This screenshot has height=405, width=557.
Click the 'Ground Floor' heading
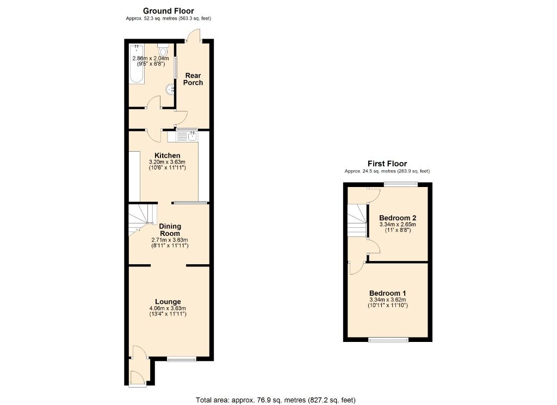tap(168, 11)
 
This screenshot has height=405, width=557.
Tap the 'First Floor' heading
tap(387, 164)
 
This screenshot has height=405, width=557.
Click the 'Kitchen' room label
tap(168, 155)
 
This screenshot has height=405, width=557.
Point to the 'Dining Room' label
tap(170, 229)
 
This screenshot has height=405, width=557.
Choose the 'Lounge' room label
tap(168, 302)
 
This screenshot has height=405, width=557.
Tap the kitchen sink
tap(192, 135)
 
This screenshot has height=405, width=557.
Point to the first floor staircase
tap(357, 220)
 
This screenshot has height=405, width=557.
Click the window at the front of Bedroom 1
tap(388, 340)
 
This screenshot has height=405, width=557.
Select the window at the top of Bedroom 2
tap(401, 185)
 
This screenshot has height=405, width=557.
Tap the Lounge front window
tap(181, 358)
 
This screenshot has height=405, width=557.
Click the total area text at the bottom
tap(275, 400)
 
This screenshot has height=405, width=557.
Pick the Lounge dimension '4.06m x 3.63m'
tap(168, 309)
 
